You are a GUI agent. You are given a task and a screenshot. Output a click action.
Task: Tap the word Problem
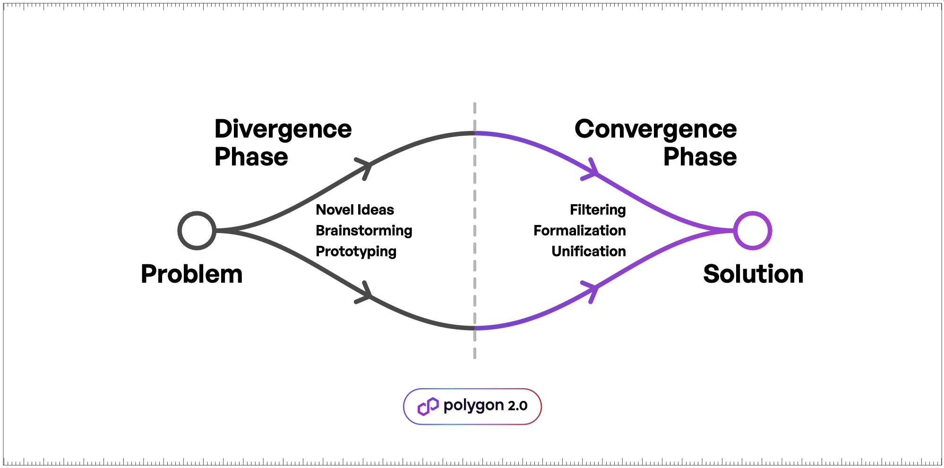pyautogui.click(x=192, y=275)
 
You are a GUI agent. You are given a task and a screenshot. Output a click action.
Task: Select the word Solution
pyautogui.click(x=753, y=274)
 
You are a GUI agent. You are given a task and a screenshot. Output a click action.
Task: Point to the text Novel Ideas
pyautogui.click(x=355, y=209)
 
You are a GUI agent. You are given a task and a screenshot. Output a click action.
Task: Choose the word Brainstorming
pyautogui.click(x=364, y=231)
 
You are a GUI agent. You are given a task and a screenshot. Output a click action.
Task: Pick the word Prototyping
pyautogui.click(x=356, y=251)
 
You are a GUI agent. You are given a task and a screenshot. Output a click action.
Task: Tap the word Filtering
pyautogui.click(x=598, y=210)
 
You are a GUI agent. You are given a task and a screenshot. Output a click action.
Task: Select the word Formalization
pyautogui.click(x=580, y=230)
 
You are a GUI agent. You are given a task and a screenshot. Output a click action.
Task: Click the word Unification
pyautogui.click(x=589, y=251)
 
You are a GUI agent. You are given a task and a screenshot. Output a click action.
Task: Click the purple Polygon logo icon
pyautogui.click(x=428, y=407)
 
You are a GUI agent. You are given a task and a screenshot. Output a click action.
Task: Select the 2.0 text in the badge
pyautogui.click(x=517, y=406)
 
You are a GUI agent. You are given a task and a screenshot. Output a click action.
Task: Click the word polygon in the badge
pyautogui.click(x=473, y=406)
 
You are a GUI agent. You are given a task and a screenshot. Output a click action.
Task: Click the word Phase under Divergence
pyautogui.click(x=251, y=157)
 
